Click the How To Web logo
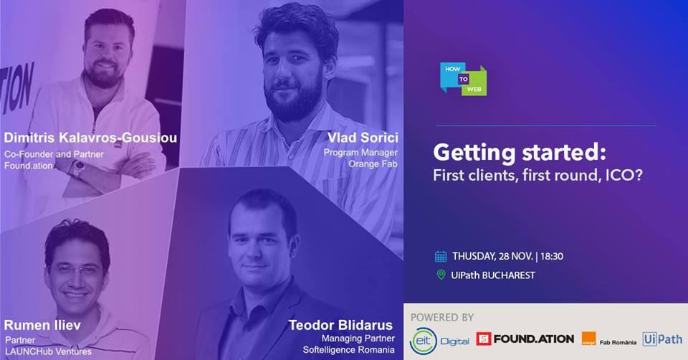[x=464, y=79]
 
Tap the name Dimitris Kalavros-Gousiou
[x=90, y=138]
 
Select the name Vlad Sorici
[x=363, y=138]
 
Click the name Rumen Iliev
[x=42, y=326]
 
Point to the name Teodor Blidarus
[x=340, y=326]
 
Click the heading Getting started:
[x=520, y=153]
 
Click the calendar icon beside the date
[x=441, y=257]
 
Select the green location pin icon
[x=441, y=275]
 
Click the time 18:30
[x=552, y=257]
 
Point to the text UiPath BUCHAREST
[x=493, y=275]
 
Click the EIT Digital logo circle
[x=424, y=341]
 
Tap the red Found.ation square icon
[x=484, y=338]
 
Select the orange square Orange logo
[x=589, y=338]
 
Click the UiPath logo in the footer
[x=662, y=339]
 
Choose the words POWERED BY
[x=442, y=318]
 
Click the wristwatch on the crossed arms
[x=78, y=169]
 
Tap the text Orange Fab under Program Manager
[x=373, y=164]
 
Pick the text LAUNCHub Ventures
[x=48, y=351]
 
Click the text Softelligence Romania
[x=348, y=350]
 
